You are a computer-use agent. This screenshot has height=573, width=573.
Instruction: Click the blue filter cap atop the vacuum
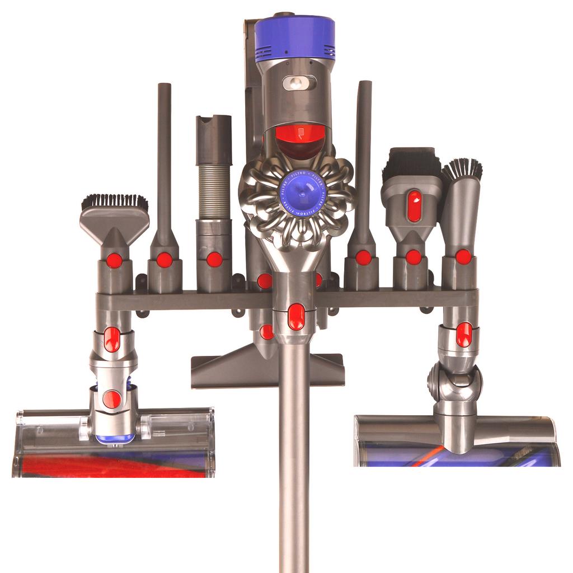(295, 37)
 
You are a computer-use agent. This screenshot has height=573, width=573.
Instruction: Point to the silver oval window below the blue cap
(299, 83)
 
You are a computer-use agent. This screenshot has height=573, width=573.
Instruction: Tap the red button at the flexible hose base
(214, 259)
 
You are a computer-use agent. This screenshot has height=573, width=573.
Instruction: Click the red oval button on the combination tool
(414, 205)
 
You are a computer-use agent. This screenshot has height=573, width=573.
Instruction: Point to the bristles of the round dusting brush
(463, 168)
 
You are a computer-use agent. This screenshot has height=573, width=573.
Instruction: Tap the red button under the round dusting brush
(463, 257)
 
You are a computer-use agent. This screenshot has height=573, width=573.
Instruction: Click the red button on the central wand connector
(296, 317)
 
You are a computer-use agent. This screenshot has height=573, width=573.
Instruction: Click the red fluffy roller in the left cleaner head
(112, 466)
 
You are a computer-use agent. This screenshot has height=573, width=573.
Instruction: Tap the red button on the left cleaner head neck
(112, 398)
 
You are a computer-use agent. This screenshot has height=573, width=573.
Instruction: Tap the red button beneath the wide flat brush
(114, 261)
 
